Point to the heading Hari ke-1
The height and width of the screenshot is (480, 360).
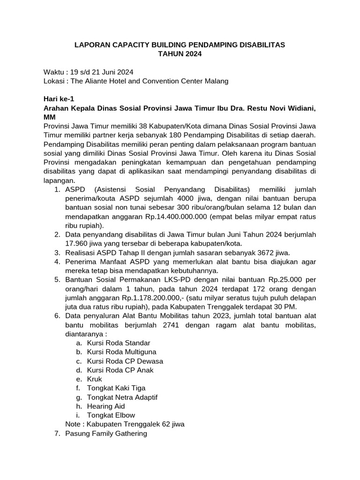click(x=59, y=99)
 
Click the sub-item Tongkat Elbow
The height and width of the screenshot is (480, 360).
click(x=111, y=415)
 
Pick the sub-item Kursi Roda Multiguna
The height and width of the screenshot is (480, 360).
click(x=121, y=352)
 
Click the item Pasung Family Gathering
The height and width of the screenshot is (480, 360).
click(x=106, y=433)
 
